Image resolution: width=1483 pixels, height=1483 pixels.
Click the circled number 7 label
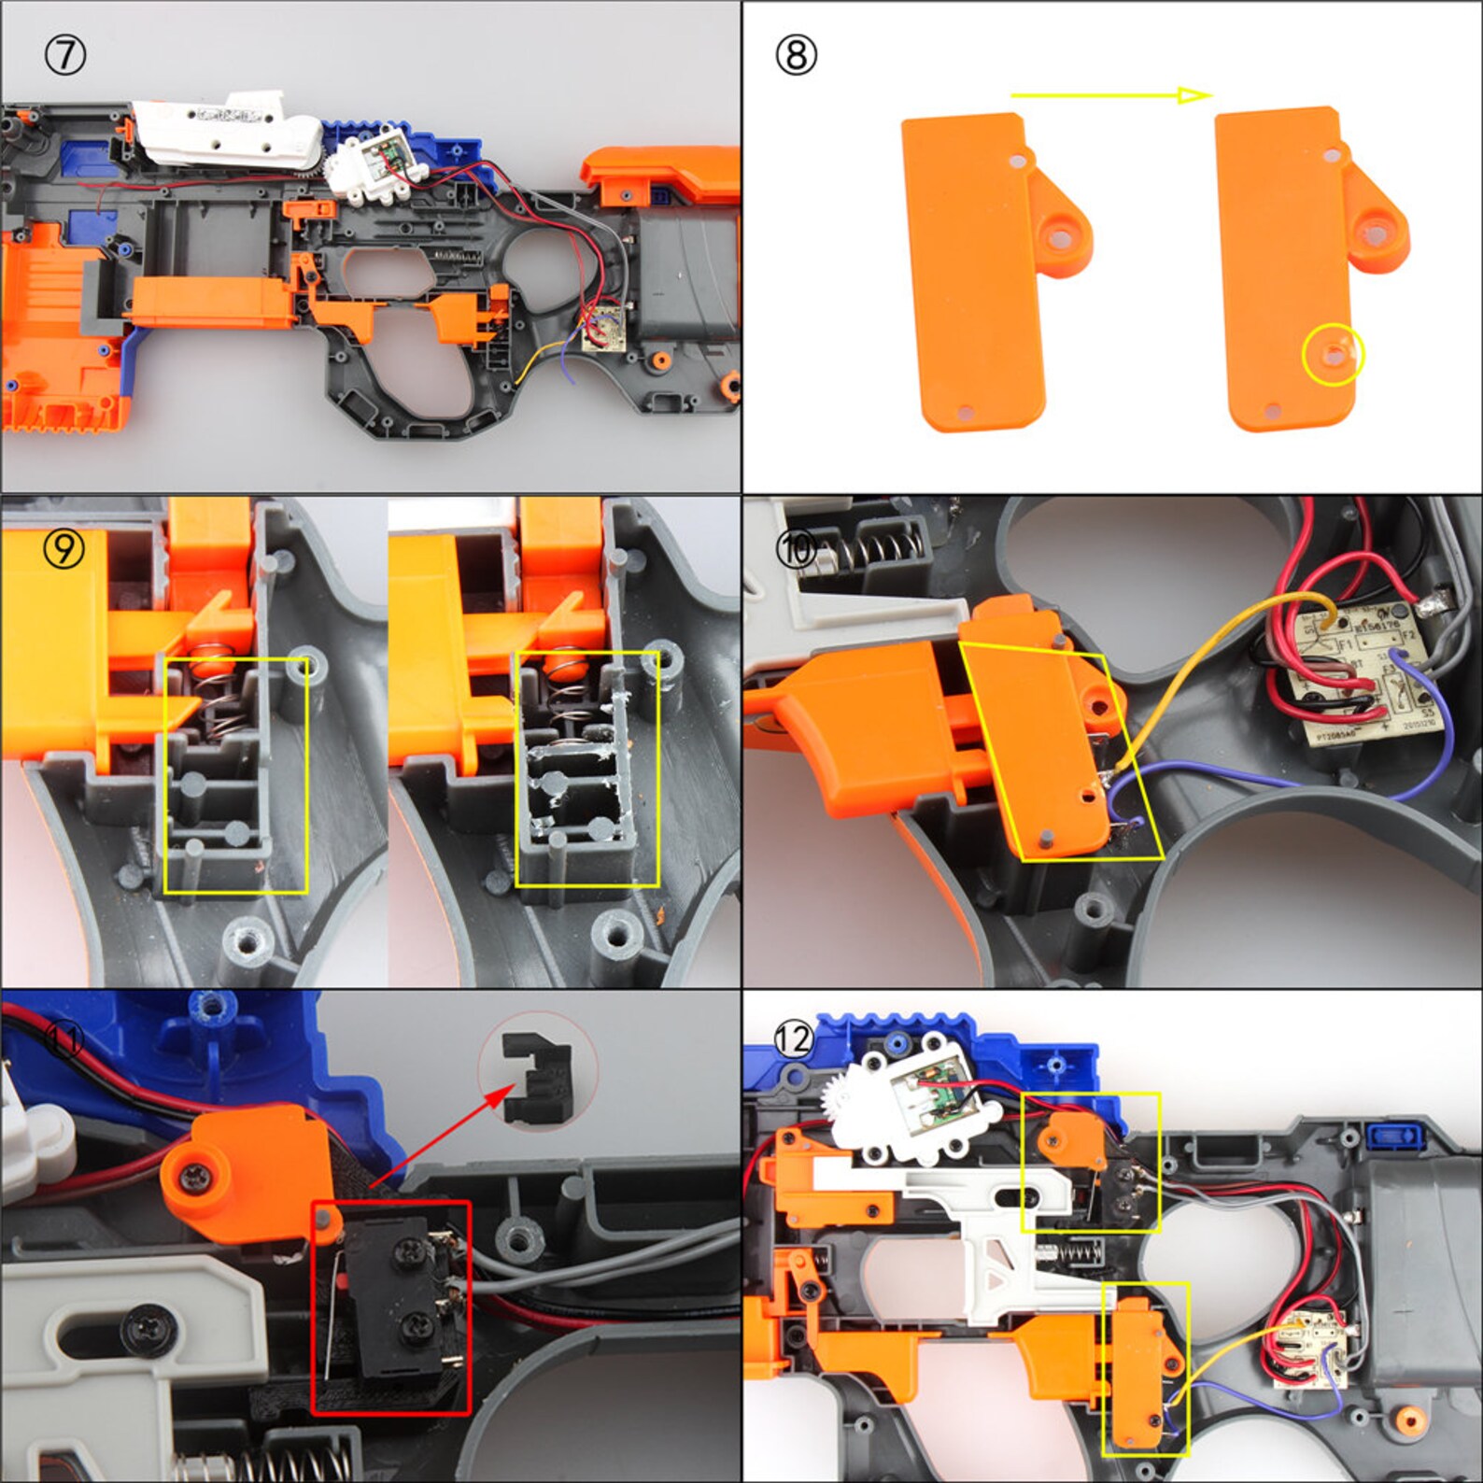[x=64, y=56]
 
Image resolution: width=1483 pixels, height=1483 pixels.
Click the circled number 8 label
[x=796, y=55]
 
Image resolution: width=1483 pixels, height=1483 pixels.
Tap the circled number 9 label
[x=64, y=548]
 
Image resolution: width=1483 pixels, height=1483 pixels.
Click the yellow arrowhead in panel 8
[x=1193, y=94]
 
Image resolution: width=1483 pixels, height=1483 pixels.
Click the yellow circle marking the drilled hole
[x=1333, y=355]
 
